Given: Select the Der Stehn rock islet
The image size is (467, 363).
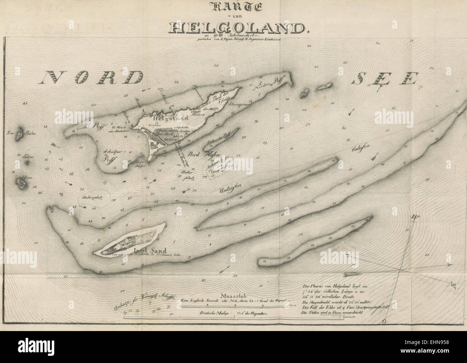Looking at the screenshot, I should pos(19,133).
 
